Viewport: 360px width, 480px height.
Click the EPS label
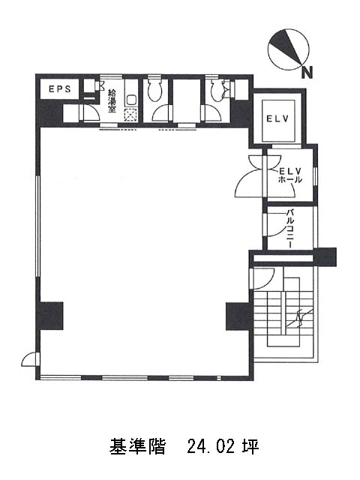point(60,89)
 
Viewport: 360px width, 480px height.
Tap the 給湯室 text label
point(112,100)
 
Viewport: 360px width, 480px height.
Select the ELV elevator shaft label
point(277,118)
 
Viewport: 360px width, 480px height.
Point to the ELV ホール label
point(289,175)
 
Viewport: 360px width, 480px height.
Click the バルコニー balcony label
point(290,228)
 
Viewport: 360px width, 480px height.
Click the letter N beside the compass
point(307,73)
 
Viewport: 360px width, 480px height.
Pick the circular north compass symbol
point(288,49)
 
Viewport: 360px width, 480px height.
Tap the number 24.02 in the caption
point(211,447)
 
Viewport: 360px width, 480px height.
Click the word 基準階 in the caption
point(137,447)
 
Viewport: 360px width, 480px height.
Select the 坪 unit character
point(251,447)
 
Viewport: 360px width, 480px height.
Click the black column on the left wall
point(51,316)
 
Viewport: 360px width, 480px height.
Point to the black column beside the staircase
point(238,316)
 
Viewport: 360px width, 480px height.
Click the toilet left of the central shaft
point(155,90)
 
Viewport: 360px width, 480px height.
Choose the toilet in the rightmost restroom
point(218,91)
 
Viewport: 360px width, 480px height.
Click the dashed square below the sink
point(130,115)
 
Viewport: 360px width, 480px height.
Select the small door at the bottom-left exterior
point(29,359)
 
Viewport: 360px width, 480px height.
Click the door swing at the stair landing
point(262,278)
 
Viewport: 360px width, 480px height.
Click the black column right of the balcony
point(325,256)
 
